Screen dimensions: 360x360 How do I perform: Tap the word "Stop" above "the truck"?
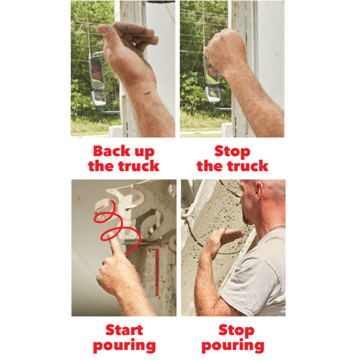pyautogui.click(x=232, y=151)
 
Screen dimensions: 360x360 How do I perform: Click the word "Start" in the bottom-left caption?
pyautogui.click(x=124, y=330)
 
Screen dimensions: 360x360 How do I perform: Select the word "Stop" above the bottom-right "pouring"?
pyautogui.click(x=236, y=330)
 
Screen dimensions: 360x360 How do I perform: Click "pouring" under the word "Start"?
pyautogui.click(x=124, y=346)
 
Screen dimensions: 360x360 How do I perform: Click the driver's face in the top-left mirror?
pyautogui.click(x=97, y=71)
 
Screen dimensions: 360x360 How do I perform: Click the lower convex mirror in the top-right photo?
pyautogui.click(x=213, y=94)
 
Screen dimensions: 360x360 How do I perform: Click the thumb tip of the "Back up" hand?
pyautogui.click(x=103, y=29)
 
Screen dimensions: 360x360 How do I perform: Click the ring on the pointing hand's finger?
pyautogui.click(x=97, y=278)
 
